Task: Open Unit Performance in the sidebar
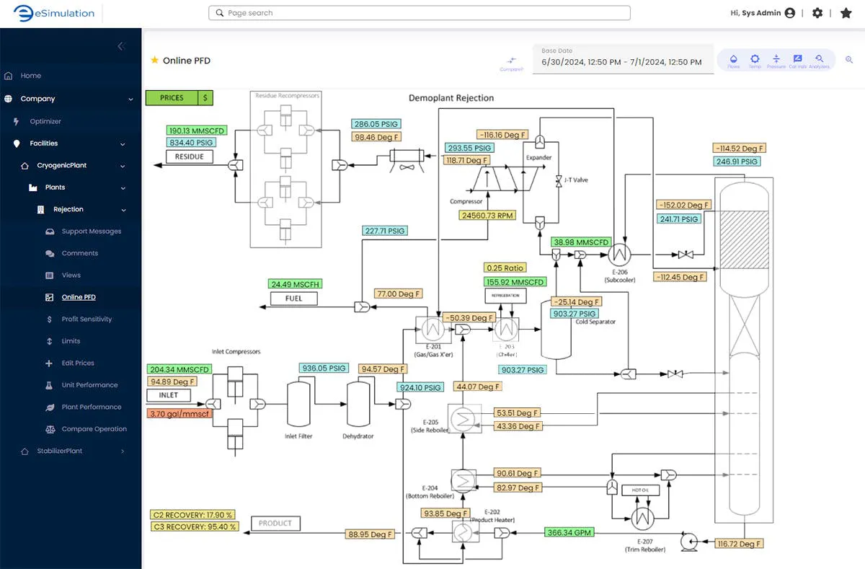coord(89,385)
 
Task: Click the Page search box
coord(420,13)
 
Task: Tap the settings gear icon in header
coord(817,13)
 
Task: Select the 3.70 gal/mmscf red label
coord(179,414)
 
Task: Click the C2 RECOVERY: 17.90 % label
coord(193,515)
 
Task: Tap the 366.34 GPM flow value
coord(569,533)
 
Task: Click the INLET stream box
coord(169,395)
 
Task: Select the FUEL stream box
coord(294,298)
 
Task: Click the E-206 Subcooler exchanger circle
coord(618,254)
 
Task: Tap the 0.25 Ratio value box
coord(505,268)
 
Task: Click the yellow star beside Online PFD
coord(154,61)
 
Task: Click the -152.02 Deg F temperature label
coord(683,205)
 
